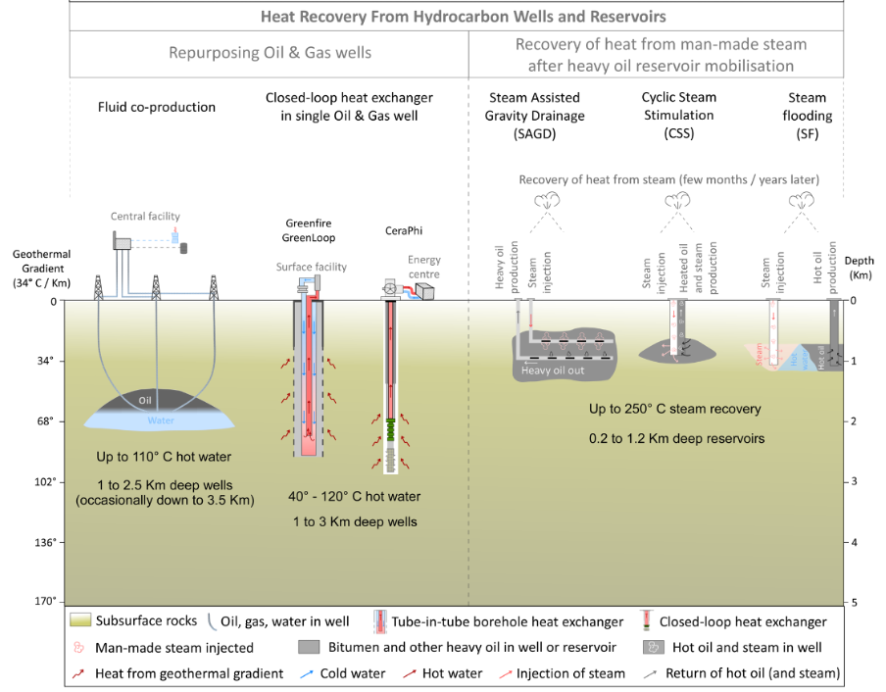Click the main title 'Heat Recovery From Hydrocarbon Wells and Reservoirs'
click(463, 17)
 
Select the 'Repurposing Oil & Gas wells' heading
click(271, 53)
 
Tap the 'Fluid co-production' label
click(157, 106)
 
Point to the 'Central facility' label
click(145, 217)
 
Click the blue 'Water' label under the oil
click(160, 421)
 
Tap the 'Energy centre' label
click(424, 268)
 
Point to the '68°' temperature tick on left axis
click(46, 421)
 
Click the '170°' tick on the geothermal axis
click(44, 602)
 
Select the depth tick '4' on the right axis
click(854, 542)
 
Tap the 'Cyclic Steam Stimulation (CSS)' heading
click(678, 115)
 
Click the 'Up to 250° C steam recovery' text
click(674, 409)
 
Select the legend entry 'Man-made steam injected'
click(173, 648)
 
